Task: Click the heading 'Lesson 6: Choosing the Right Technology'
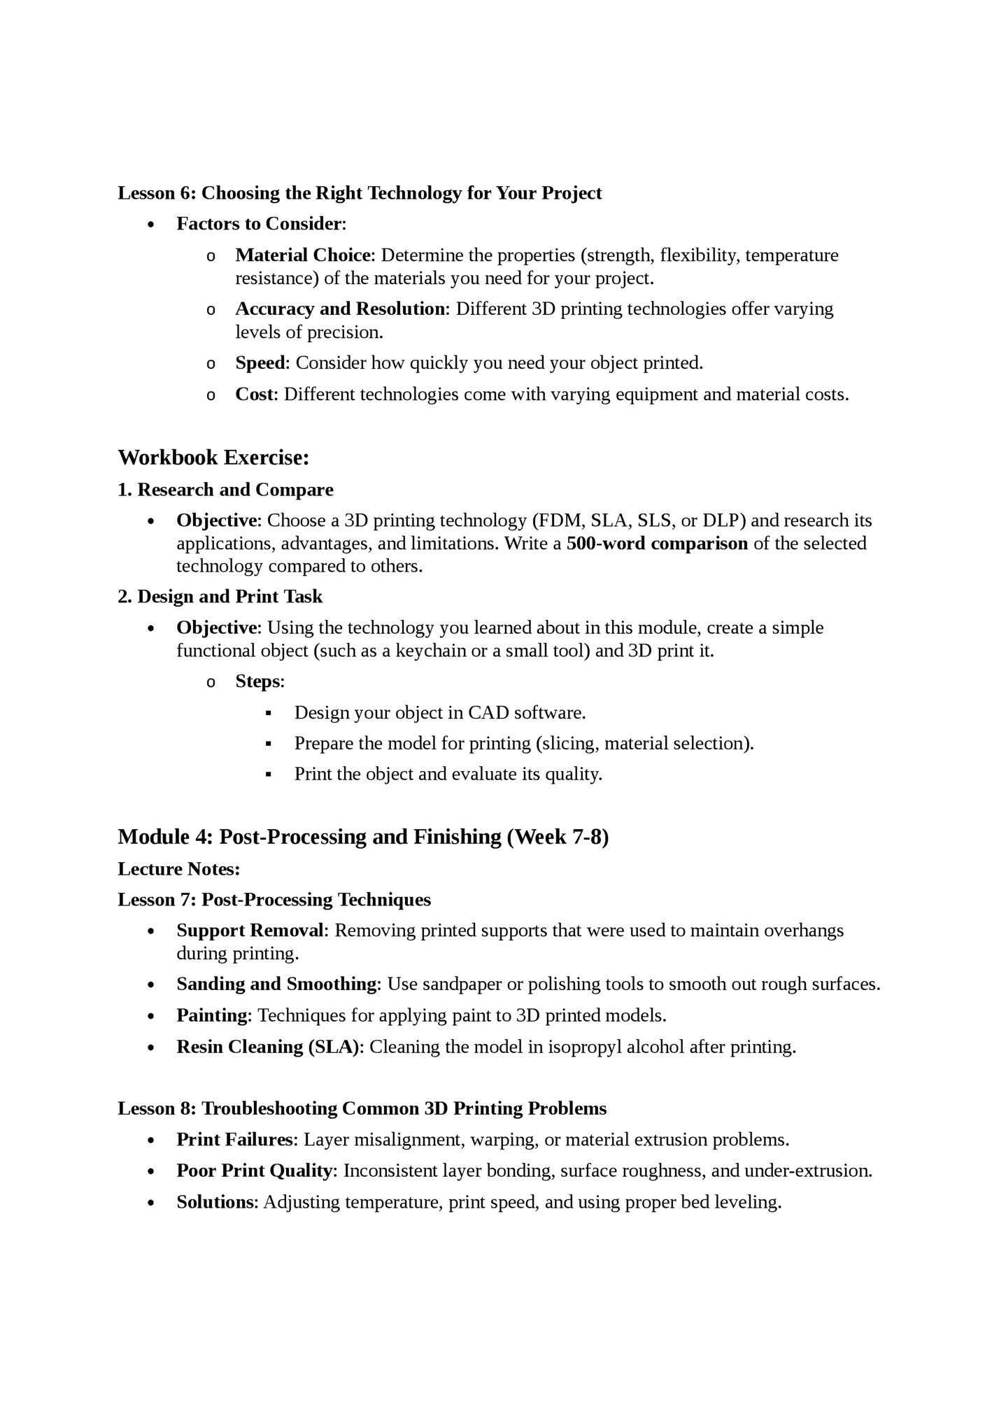tap(359, 193)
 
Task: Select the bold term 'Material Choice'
tap(302, 255)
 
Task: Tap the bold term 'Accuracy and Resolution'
tap(339, 309)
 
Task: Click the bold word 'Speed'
tap(260, 363)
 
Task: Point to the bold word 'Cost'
tap(255, 395)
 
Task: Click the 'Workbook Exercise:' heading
tap(213, 458)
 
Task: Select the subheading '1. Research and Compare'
tap(225, 490)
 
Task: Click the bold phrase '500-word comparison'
tap(656, 544)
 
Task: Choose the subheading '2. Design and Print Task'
tap(220, 597)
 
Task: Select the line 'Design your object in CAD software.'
tap(439, 713)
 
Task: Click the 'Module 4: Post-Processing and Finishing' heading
tap(362, 837)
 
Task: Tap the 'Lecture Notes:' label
tap(178, 869)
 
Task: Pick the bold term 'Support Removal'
tap(250, 931)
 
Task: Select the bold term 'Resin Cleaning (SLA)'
tap(269, 1047)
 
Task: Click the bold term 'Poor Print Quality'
tap(255, 1171)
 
